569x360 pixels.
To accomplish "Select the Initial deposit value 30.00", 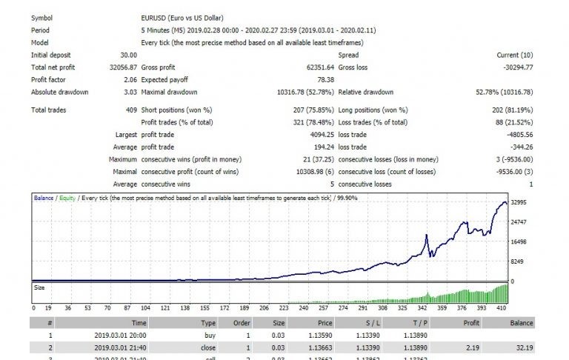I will pos(127,56).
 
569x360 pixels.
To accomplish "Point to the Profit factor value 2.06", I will pos(129,79).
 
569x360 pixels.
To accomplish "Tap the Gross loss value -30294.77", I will pos(533,67).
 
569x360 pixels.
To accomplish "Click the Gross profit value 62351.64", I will pos(311,67).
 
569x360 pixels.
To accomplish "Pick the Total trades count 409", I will pos(130,110).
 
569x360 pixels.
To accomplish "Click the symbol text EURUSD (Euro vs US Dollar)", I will pos(182,19).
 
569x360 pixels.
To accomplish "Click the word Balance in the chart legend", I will pos(44,199).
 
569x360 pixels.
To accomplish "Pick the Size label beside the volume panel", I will pos(41,286).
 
